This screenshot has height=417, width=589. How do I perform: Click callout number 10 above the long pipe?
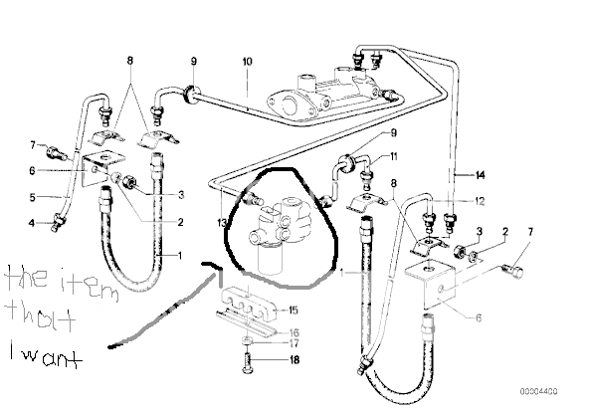coord(247,62)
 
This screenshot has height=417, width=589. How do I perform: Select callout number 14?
coord(481,175)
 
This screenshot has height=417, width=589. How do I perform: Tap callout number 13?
coord(222,223)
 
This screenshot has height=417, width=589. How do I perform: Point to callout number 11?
coord(393,156)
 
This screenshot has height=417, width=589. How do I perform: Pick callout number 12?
coord(480,201)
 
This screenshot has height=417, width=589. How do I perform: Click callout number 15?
coord(293,310)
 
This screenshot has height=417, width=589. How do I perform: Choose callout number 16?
coord(294,332)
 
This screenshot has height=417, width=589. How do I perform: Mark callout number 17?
coord(294,343)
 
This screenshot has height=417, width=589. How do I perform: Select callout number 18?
coord(294,360)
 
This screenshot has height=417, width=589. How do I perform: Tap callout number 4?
coord(32,223)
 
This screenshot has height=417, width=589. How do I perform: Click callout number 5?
coord(32,197)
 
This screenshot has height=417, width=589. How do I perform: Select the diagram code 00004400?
coord(538,391)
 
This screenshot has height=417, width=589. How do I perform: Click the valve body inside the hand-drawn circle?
coord(280,233)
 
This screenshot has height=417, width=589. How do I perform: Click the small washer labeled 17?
coord(247,340)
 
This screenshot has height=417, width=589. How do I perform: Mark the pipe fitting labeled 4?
coord(59,222)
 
